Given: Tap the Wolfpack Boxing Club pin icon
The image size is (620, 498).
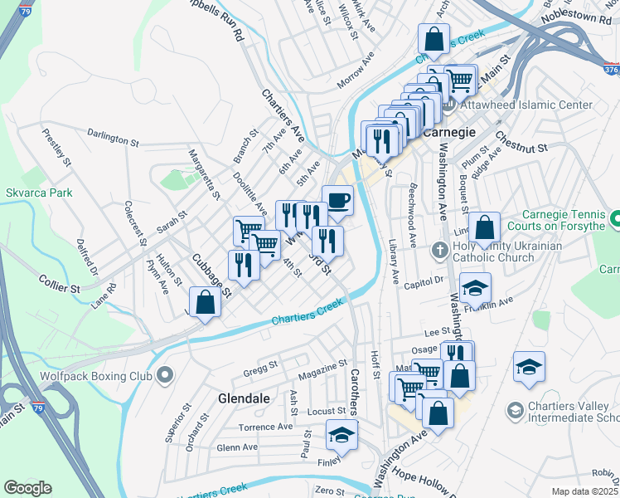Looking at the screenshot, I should click(164, 375).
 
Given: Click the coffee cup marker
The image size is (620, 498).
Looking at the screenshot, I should click(337, 201).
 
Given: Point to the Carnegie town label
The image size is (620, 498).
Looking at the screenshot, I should click(448, 132).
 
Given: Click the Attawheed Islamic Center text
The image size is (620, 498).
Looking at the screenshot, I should click(527, 105).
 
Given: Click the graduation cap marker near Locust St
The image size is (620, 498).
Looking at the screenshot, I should click(341, 435).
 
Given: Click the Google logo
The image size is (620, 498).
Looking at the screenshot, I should click(27, 488).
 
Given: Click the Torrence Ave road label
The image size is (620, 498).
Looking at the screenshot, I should click(266, 427).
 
